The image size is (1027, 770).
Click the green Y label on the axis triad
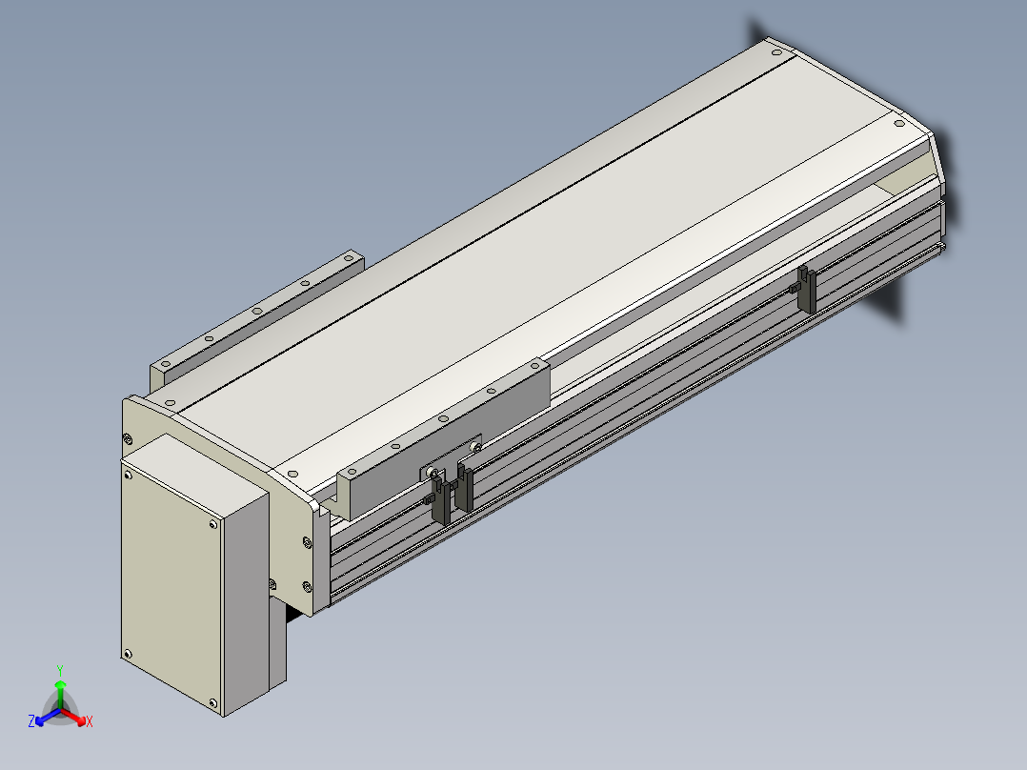(x=60, y=670)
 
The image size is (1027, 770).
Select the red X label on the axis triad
(x=90, y=721)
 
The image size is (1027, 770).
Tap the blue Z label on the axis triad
(x=30, y=721)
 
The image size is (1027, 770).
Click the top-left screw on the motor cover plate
(x=128, y=476)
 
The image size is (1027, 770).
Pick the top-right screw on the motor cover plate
(x=212, y=524)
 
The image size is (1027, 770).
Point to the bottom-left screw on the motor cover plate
(x=127, y=654)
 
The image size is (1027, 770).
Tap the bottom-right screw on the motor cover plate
(x=212, y=703)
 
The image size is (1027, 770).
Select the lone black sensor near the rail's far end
(x=806, y=289)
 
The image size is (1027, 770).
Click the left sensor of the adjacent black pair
(x=440, y=500)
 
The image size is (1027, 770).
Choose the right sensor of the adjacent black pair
(x=464, y=488)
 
